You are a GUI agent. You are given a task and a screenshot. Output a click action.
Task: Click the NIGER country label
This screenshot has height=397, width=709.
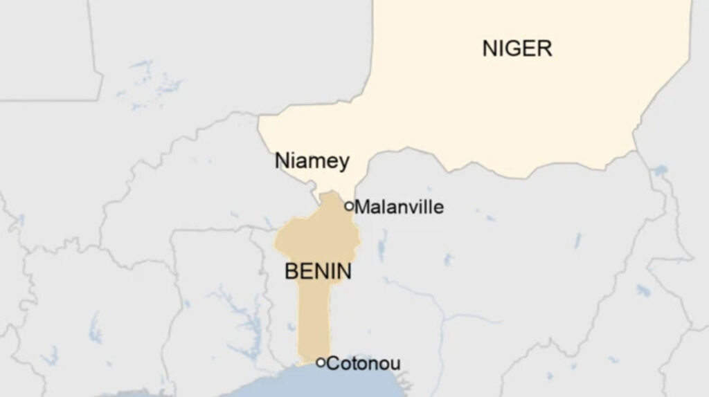[517, 48]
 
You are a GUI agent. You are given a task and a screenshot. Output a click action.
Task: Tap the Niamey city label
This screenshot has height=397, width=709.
[312, 160]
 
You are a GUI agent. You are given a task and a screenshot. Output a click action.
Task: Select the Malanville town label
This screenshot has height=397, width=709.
[399, 207]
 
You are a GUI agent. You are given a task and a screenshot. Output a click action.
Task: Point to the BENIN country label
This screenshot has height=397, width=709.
[318, 271]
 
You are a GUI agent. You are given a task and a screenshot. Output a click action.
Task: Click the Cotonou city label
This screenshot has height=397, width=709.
[363, 363]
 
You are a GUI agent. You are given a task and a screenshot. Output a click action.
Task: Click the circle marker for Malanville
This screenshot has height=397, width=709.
[349, 205]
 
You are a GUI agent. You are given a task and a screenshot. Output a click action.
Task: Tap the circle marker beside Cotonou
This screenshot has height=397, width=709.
[321, 362]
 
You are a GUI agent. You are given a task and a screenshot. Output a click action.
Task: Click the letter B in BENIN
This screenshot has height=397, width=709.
[291, 271]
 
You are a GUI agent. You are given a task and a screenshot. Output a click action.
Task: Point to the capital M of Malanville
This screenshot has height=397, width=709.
[362, 207]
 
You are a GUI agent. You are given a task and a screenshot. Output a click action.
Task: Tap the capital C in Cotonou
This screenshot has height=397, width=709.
[332, 363]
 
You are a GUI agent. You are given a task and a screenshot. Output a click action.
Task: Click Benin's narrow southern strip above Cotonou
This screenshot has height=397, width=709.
[313, 318]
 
